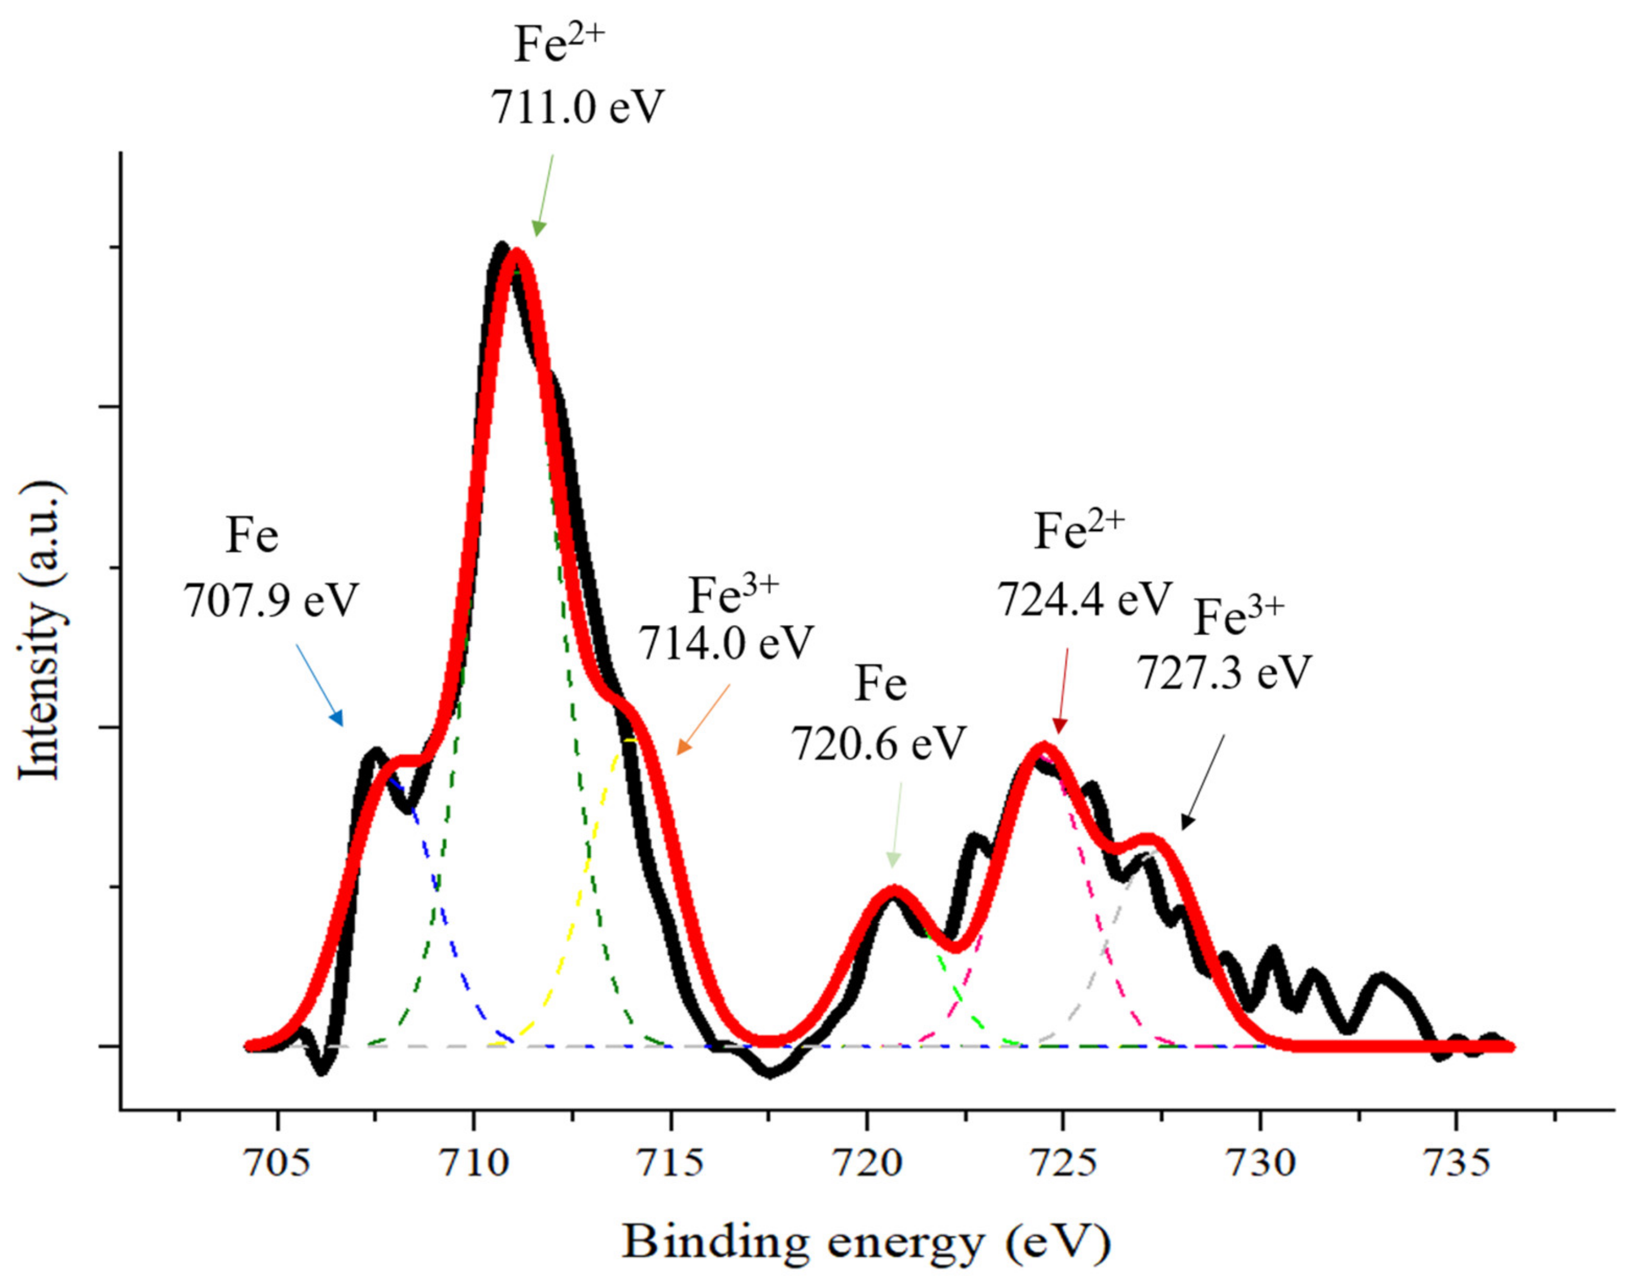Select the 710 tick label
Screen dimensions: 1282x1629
click(x=474, y=1162)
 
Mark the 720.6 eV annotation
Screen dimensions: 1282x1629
click(x=878, y=743)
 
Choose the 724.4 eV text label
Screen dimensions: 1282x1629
click(x=1084, y=598)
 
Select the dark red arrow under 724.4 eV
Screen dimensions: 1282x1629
click(x=1063, y=691)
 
